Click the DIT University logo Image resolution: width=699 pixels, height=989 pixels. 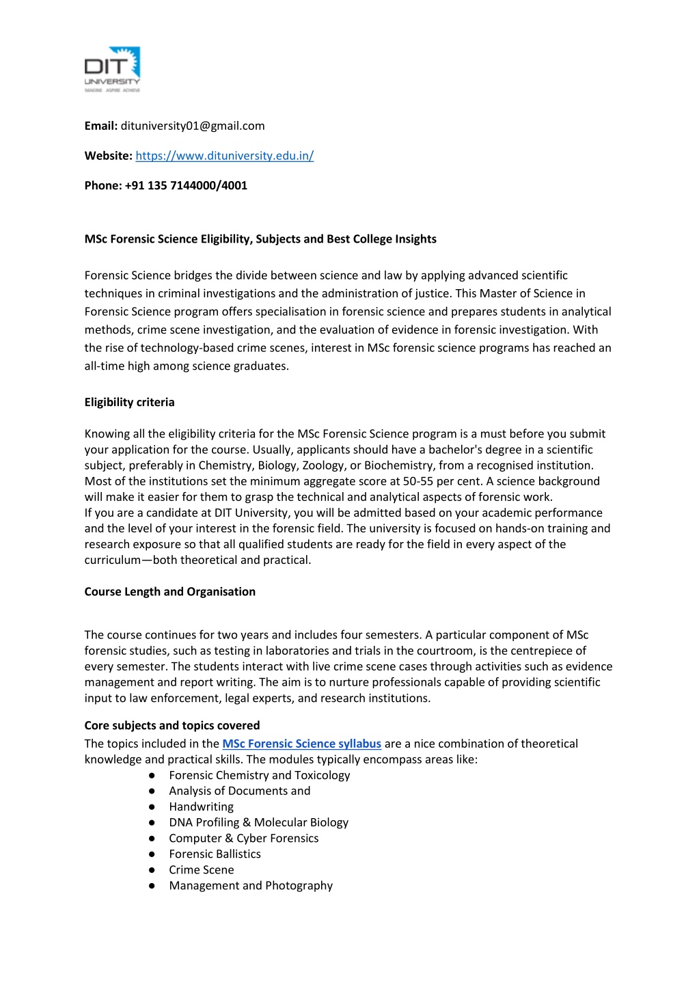(x=112, y=70)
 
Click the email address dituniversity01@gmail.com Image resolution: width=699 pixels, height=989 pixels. (x=193, y=126)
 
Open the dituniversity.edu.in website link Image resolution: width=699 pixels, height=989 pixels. (x=224, y=156)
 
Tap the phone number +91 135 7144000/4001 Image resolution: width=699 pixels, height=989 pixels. (x=186, y=185)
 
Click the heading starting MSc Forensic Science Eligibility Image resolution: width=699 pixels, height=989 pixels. (x=260, y=239)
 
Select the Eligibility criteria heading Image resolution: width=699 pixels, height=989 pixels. (x=129, y=402)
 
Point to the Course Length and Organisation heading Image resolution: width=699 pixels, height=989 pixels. (x=169, y=592)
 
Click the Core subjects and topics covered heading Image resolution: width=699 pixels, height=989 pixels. (x=172, y=725)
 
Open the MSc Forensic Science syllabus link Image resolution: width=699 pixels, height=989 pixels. (x=301, y=744)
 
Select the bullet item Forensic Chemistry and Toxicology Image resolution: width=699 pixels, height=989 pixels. (x=259, y=775)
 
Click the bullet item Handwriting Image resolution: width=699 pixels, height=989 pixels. (x=201, y=807)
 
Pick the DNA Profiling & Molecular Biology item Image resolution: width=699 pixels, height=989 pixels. (x=258, y=822)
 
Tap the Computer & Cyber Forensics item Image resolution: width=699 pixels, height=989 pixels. (x=243, y=838)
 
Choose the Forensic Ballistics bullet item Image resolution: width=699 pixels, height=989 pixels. (x=215, y=854)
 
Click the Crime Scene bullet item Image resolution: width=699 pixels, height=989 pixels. (x=201, y=869)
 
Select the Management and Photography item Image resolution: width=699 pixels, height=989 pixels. (x=250, y=885)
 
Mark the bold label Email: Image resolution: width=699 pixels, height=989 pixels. (x=101, y=126)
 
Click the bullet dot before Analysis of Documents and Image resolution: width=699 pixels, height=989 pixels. (x=152, y=791)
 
